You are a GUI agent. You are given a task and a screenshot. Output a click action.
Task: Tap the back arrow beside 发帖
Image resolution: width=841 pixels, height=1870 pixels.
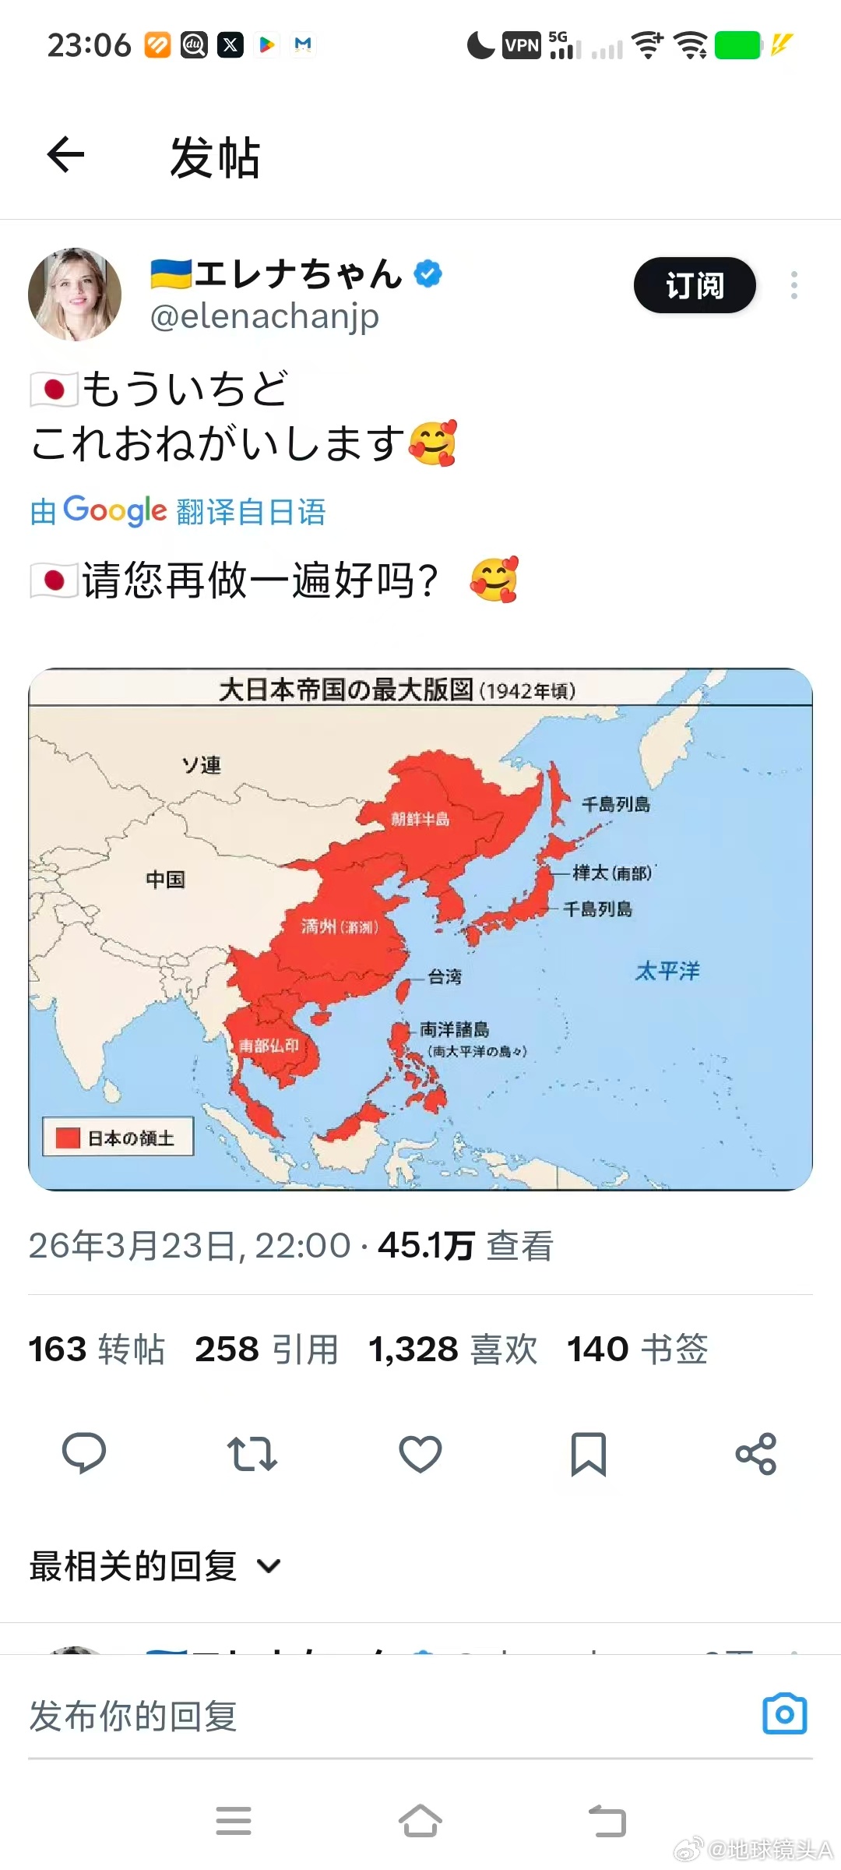[x=65, y=154]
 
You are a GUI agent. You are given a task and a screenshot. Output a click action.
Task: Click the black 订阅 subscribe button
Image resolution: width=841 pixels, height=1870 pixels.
[x=695, y=285]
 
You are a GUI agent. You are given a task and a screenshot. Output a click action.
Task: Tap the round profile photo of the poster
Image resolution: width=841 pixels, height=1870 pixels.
[x=75, y=295]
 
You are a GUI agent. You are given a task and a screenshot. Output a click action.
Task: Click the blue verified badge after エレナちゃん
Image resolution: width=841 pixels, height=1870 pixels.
[x=428, y=273]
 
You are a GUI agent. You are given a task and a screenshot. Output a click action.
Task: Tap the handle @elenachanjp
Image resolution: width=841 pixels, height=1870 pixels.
[x=265, y=316]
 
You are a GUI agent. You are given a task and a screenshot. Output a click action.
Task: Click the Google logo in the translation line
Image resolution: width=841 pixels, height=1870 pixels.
[x=114, y=511]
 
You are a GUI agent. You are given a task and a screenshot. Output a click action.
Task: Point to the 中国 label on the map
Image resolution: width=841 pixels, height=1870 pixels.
[x=165, y=880]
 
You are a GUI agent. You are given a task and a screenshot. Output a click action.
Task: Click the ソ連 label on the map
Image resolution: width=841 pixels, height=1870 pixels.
[x=202, y=765]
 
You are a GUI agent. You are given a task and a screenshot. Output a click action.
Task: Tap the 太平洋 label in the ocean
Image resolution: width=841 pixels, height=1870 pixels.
[x=667, y=971]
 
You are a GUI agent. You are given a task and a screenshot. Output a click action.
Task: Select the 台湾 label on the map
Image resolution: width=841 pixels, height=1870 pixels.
[x=445, y=976]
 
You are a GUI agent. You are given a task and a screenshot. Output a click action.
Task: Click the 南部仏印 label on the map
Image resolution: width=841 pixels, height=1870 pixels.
[x=269, y=1045]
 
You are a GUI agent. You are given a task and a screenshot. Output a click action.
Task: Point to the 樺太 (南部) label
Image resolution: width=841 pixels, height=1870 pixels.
[x=613, y=873]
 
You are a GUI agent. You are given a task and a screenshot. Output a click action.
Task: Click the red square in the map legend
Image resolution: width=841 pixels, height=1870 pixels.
[x=68, y=1138]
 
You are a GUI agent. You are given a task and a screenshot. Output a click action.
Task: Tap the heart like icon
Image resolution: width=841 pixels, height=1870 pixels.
[x=420, y=1454]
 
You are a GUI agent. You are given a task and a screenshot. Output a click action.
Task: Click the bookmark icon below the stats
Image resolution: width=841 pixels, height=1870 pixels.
[x=589, y=1454]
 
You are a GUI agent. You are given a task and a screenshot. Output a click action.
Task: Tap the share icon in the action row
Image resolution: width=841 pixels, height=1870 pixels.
[x=756, y=1454]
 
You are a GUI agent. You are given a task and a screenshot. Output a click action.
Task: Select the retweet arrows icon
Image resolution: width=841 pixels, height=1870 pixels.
[x=252, y=1454]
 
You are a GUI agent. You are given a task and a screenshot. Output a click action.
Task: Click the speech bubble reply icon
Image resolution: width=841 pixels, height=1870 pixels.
[x=84, y=1454]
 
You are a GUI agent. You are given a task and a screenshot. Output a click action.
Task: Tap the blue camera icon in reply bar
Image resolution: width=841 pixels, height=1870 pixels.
[x=784, y=1714]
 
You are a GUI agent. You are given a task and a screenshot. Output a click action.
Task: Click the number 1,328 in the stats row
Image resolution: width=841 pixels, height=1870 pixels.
[x=413, y=1350]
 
